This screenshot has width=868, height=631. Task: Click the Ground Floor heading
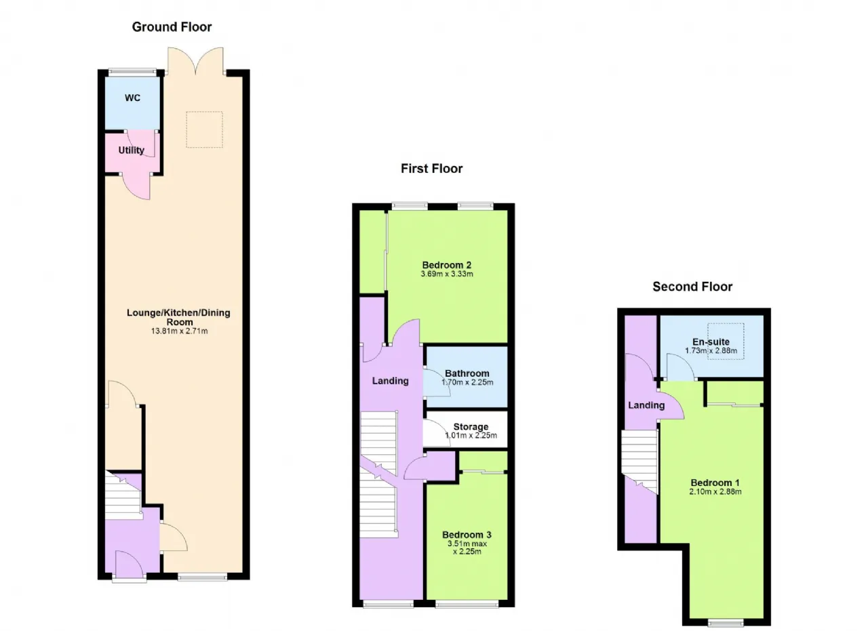pos(172,27)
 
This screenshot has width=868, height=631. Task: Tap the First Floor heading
pos(431,169)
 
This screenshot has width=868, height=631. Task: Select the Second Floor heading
pos(692,287)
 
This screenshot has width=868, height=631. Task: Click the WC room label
pos(132,98)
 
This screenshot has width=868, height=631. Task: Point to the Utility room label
pos(132,150)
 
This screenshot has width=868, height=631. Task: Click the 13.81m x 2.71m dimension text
pos(180,331)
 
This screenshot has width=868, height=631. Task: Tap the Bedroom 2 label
pos(447,265)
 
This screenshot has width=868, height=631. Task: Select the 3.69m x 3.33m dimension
pos(447,274)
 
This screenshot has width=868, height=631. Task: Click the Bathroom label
pos(467,373)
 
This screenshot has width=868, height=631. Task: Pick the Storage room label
pos(471,427)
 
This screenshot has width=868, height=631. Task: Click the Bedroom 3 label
pos(467,535)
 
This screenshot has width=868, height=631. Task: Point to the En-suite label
pos(711,342)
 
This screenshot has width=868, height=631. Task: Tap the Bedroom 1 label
pos(715,483)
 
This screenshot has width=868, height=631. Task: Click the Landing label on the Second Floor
pos(646,405)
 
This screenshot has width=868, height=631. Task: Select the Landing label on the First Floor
pos(390,381)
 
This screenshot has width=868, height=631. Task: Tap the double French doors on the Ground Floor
pos(196,62)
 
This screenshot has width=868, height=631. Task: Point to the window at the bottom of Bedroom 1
pos(726,623)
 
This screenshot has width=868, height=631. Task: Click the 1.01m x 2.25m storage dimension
pos(471,435)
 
